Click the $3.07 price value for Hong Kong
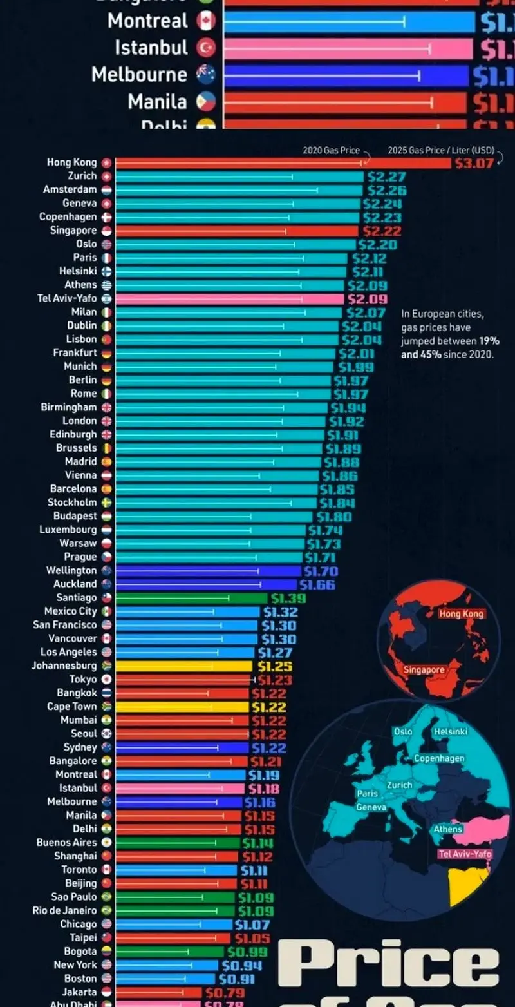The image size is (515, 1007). pos(474,163)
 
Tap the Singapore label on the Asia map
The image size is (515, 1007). pos(424,670)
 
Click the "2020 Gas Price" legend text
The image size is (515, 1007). pos(331,150)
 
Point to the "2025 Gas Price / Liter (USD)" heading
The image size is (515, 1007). pos(441,150)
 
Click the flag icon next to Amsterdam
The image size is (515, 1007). pos(106,190)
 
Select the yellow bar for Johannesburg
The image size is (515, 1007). pos(183,666)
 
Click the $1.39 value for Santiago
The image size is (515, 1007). pos(288,599)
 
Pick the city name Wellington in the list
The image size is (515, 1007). pos(71,571)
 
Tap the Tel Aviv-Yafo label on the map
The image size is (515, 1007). pos(464,854)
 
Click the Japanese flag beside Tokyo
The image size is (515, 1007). pos(106,680)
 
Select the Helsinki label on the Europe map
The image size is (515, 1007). pos(451,732)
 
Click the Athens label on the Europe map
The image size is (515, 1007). pos(447,829)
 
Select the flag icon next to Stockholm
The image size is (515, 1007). pos(106,503)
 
